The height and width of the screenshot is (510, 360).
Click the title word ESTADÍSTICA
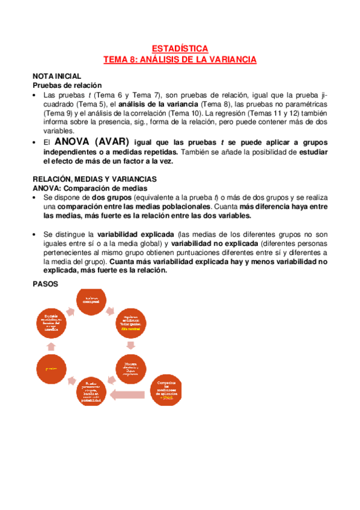coord(180,48)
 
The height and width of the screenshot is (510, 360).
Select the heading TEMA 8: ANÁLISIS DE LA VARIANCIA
coord(180,59)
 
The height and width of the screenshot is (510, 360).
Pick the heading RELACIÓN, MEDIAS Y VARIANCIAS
coord(94,179)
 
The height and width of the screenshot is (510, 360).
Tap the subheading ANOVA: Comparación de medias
coord(90,188)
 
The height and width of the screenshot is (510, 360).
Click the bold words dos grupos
coord(111,197)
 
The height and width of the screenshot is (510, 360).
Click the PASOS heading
coord(46,284)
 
